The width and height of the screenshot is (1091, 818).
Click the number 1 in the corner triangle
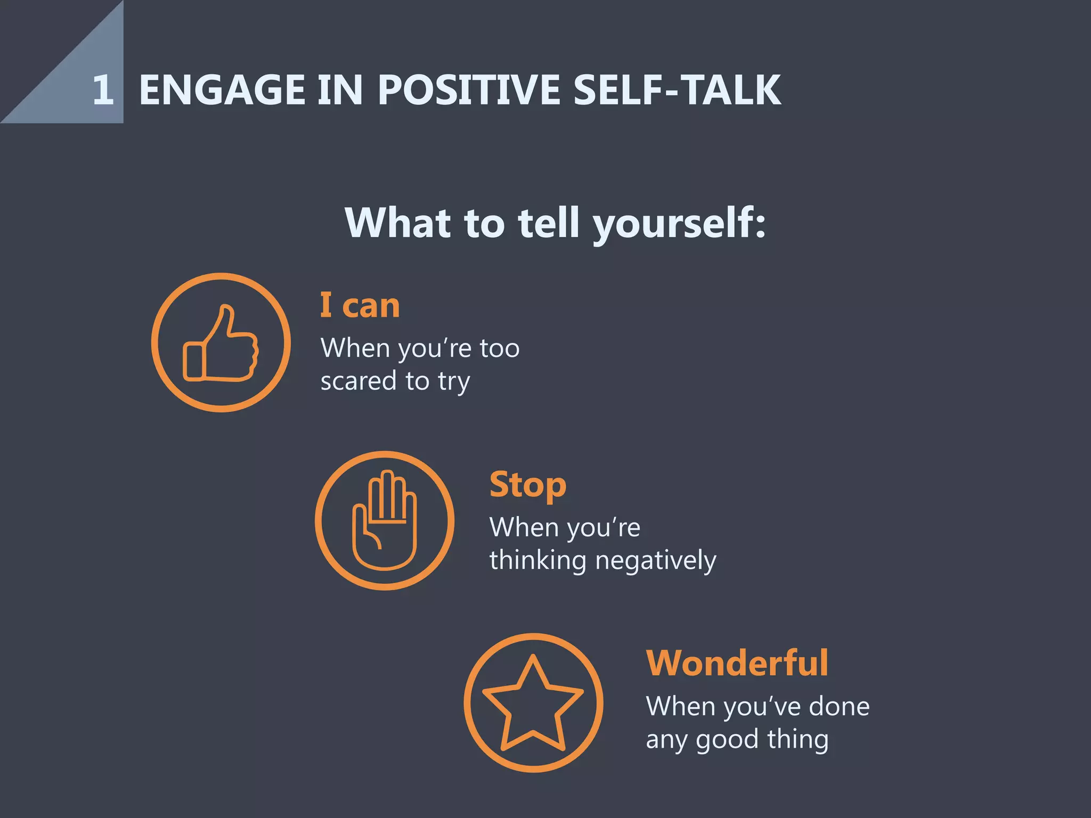coord(103,89)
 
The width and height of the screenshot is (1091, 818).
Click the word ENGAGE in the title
coord(222,89)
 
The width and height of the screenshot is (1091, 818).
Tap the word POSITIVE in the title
coord(469,89)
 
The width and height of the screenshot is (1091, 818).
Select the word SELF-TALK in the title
coord(677,89)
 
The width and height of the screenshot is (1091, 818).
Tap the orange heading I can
coord(360,306)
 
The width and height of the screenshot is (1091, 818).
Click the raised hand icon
coord(384,520)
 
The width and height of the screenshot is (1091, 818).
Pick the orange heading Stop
coord(527,485)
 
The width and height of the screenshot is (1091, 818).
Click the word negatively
coord(655,561)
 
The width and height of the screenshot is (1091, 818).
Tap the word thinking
coord(538,561)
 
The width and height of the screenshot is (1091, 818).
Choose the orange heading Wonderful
coord(737,664)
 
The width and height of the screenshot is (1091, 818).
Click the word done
coord(838,707)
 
